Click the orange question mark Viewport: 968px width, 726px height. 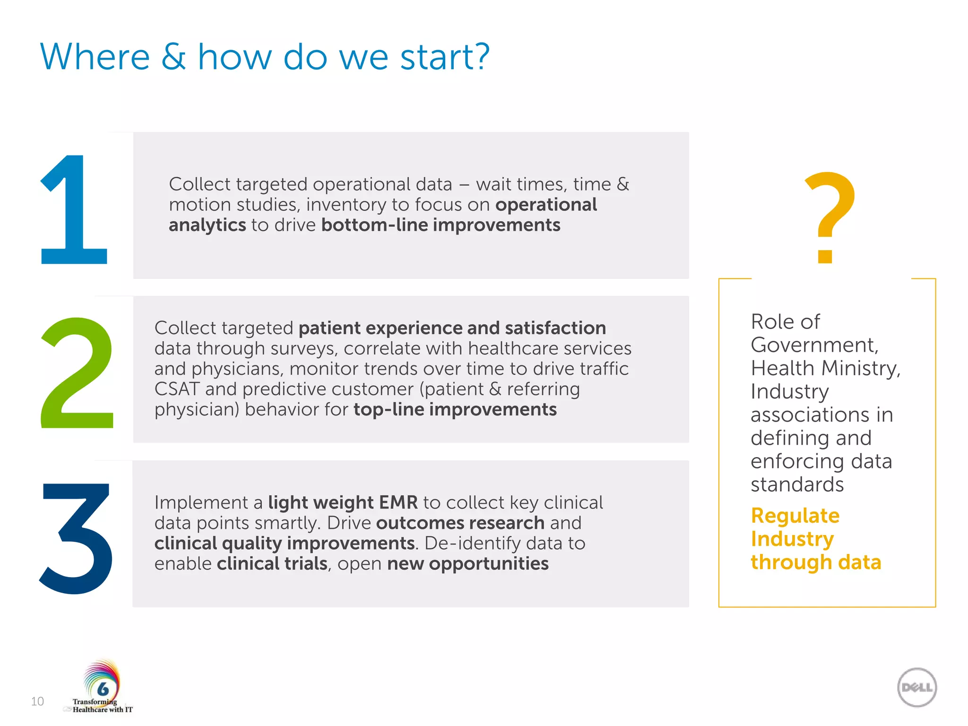tap(830, 217)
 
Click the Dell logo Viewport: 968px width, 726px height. tap(917, 687)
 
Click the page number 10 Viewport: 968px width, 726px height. tap(37, 701)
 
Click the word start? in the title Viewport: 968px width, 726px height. tap(444, 57)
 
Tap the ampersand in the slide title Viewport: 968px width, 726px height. tap(173, 57)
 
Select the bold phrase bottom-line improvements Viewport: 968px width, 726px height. tap(441, 225)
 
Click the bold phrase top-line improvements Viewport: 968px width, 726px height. tap(455, 409)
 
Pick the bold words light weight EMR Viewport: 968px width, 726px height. tap(343, 502)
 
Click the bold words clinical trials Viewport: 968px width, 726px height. tap(272, 563)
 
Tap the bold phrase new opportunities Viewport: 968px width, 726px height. tap(467, 563)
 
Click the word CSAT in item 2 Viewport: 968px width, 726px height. tap(177, 389)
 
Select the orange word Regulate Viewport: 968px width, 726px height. tap(795, 516)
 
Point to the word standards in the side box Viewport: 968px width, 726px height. tap(797, 484)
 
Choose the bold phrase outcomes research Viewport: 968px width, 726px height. tap(460, 523)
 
